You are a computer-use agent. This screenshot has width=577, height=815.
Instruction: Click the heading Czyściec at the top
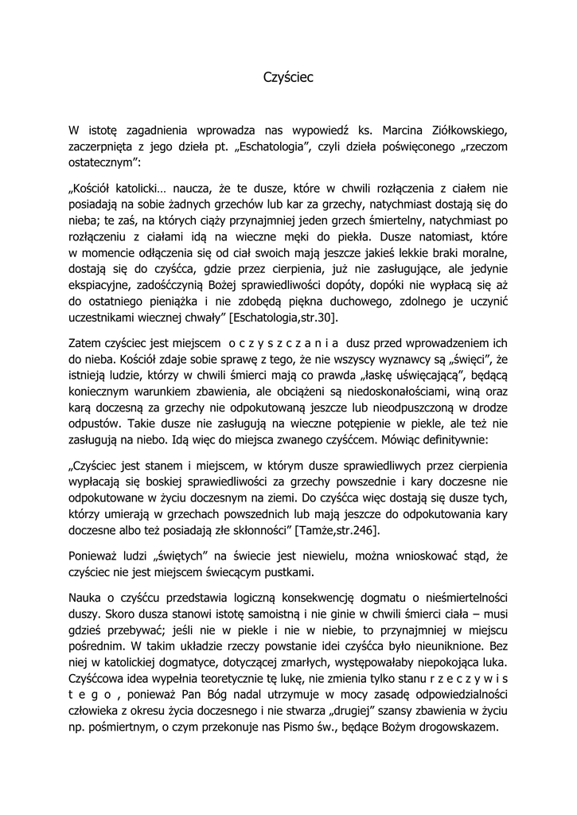tap(288, 77)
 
